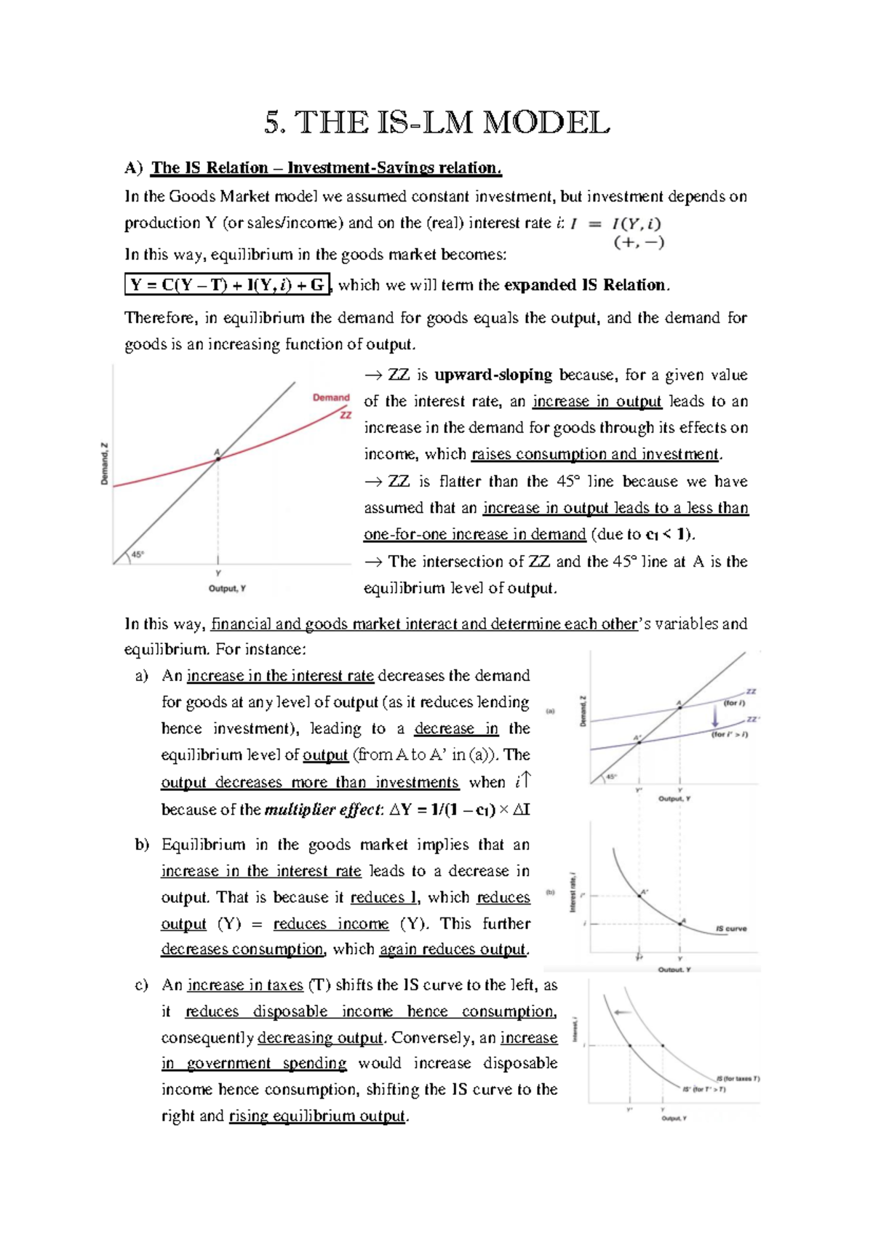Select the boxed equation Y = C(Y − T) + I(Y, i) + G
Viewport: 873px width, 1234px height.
click(x=228, y=284)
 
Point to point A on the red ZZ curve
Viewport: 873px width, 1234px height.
click(x=218, y=458)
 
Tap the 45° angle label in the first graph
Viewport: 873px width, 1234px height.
click(x=137, y=554)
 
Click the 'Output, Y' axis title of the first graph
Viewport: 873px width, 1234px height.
click(x=227, y=589)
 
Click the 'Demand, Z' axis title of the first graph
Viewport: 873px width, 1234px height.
click(x=104, y=463)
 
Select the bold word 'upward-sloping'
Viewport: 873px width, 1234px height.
click(x=493, y=375)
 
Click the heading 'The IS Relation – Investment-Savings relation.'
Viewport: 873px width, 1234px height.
click(x=326, y=168)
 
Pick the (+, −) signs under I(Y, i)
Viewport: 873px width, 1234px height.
click(x=639, y=243)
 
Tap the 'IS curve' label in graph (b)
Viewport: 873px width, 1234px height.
click(x=730, y=929)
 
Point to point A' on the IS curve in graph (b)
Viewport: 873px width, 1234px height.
click(x=639, y=896)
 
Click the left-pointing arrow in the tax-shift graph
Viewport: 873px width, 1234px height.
click(x=622, y=1012)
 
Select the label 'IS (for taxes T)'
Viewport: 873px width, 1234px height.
click(x=737, y=1078)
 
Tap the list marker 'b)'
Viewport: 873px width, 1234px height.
click(x=142, y=845)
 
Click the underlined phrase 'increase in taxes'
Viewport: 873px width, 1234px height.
click(x=244, y=985)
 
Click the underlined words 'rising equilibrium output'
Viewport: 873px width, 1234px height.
click(x=316, y=1116)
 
